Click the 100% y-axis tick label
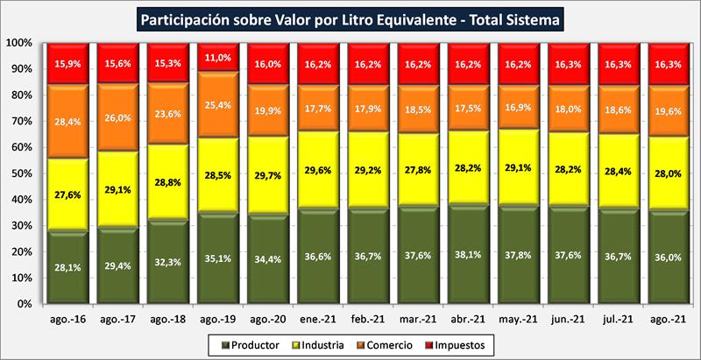point(18,42)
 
